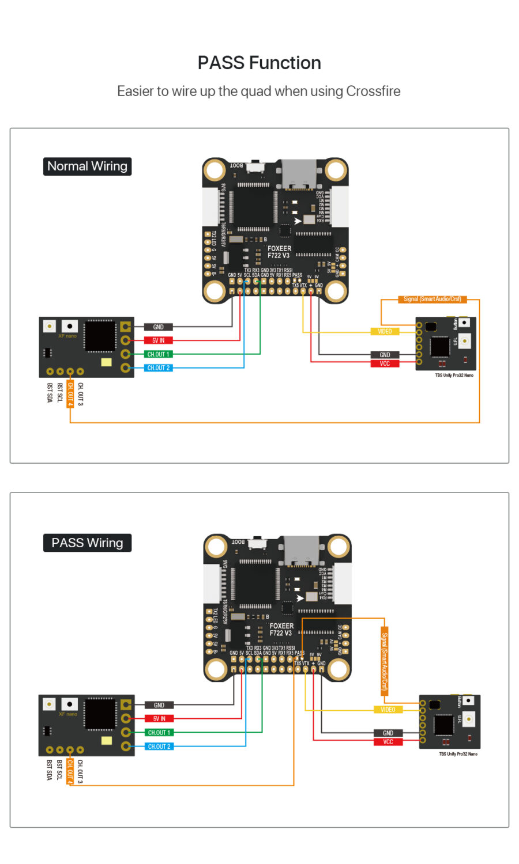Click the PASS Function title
pyautogui.click(x=259, y=63)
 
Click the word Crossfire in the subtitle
pyautogui.click(x=373, y=91)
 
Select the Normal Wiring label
pyautogui.click(x=87, y=166)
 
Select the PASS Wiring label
pyautogui.click(x=87, y=543)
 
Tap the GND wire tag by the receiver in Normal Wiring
pyautogui.click(x=158, y=327)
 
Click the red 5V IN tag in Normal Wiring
pyautogui.click(x=158, y=340)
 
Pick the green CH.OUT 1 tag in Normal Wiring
pyautogui.click(x=158, y=354)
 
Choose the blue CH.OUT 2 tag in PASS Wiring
pyautogui.click(x=158, y=746)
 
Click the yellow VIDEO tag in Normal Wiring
pyautogui.click(x=385, y=331)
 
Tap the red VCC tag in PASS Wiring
pyautogui.click(x=388, y=742)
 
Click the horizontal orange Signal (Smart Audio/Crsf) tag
pyautogui.click(x=432, y=299)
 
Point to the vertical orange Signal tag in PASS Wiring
pyautogui.click(x=385, y=661)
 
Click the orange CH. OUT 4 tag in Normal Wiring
pyautogui.click(x=70, y=394)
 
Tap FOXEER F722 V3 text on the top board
pyautogui.click(x=279, y=252)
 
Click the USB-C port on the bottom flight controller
pyautogui.click(x=300, y=550)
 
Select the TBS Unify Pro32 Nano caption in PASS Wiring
pyautogui.click(x=458, y=754)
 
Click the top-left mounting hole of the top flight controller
pyautogui.click(x=215, y=170)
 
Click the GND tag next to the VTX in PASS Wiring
pyautogui.click(x=388, y=733)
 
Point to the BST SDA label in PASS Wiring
pyautogui.click(x=49, y=770)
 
